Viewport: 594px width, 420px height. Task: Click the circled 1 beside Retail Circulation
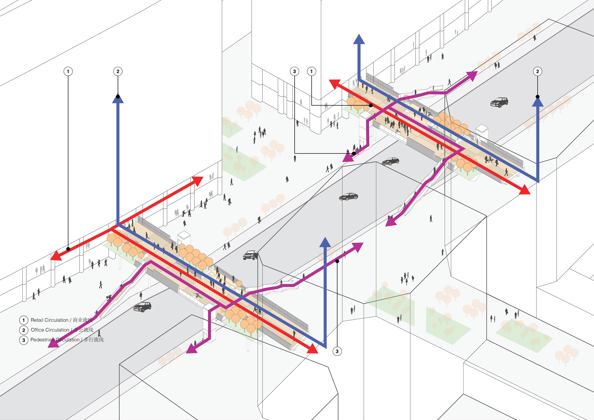pyautogui.click(x=24, y=320)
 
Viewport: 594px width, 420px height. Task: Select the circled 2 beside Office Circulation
pyautogui.click(x=24, y=330)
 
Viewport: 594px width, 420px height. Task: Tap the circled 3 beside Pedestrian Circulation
pyautogui.click(x=24, y=340)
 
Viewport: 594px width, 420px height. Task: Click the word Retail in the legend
pyautogui.click(x=37, y=320)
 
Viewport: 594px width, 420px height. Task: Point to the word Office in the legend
pyautogui.click(x=37, y=330)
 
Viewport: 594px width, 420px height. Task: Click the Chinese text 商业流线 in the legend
pyautogui.click(x=82, y=320)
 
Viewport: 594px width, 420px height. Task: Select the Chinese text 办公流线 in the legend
pyautogui.click(x=83, y=330)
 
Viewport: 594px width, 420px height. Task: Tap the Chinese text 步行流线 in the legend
pyautogui.click(x=94, y=340)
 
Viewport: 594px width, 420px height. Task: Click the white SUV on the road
pyautogui.click(x=250, y=255)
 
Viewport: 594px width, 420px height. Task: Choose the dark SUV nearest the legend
pyautogui.click(x=142, y=307)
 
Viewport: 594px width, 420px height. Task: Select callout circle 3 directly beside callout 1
pyautogui.click(x=294, y=71)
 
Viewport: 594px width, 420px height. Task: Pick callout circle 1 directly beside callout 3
pyautogui.click(x=311, y=71)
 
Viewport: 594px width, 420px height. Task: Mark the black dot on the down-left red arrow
pyautogui.click(x=68, y=249)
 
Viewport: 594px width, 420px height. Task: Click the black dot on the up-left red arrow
pyautogui.click(x=371, y=105)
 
